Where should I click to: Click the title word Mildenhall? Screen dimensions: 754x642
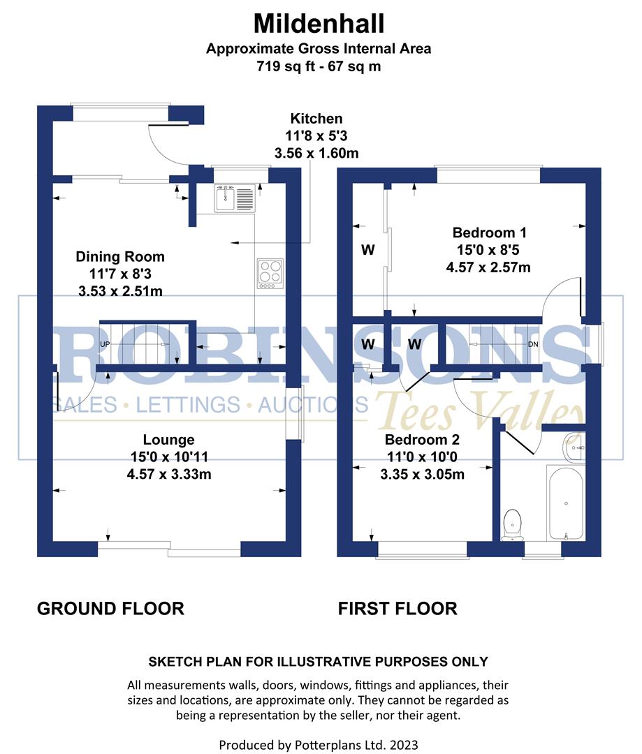pyautogui.click(x=319, y=24)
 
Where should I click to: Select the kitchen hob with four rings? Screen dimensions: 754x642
pyautogui.click(x=270, y=273)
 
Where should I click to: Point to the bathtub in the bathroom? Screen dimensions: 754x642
pyautogui.click(x=565, y=503)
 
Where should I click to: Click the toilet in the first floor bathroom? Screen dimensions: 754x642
pyautogui.click(x=513, y=524)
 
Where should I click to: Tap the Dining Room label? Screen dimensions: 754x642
pyautogui.click(x=120, y=257)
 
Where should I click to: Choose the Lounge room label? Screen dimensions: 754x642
pyautogui.click(x=168, y=440)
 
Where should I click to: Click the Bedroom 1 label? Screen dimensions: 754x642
pyautogui.click(x=488, y=232)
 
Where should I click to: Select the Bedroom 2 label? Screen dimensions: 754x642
pyautogui.click(x=422, y=440)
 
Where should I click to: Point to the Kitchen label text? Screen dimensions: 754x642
pyautogui.click(x=316, y=119)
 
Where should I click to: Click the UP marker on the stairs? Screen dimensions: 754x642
pyautogui.click(x=105, y=345)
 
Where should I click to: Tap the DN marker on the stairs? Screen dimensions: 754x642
pyautogui.click(x=533, y=345)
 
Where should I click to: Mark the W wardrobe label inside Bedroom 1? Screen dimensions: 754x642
pyautogui.click(x=367, y=249)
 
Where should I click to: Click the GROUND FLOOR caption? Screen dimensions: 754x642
pyautogui.click(x=110, y=609)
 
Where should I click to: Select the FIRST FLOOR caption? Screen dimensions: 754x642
pyautogui.click(x=397, y=609)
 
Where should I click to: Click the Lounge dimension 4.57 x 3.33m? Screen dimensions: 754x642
pyautogui.click(x=168, y=475)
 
